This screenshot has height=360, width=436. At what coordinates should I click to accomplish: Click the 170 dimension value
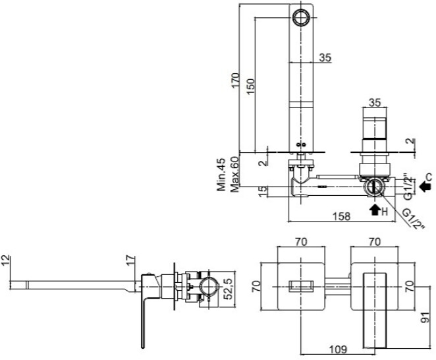pyautogui.click(x=235, y=80)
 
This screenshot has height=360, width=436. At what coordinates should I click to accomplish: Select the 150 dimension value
pyautogui.click(x=250, y=86)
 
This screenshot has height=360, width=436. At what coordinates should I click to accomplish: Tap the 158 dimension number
pyautogui.click(x=341, y=216)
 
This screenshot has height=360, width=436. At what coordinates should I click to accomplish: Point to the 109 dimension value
pyautogui.click(x=338, y=349)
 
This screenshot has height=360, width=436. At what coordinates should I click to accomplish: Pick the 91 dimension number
pyautogui.click(x=425, y=317)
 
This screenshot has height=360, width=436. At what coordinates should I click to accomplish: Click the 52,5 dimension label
pyautogui.click(x=229, y=289)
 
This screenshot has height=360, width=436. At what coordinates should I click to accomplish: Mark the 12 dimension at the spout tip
pyautogui.click(x=5, y=260)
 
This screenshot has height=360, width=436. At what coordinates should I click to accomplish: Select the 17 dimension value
pyautogui.click(x=130, y=260)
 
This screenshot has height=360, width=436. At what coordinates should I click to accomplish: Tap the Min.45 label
pyautogui.click(x=221, y=175)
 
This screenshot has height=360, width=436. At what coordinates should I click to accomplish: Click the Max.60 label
pyautogui.click(x=234, y=175)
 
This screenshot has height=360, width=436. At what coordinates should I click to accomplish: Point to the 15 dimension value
pyautogui.click(x=263, y=192)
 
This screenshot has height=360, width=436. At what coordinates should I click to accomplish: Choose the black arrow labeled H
pyautogui.click(x=375, y=210)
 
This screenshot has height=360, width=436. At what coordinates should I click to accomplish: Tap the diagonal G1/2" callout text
pyautogui.click(x=414, y=219)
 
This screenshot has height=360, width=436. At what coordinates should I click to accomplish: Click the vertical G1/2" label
pyautogui.click(x=408, y=187)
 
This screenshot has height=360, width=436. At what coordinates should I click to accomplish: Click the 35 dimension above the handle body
pyautogui.click(x=375, y=103)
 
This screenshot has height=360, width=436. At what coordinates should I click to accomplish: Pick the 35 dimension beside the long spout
pyautogui.click(x=325, y=57)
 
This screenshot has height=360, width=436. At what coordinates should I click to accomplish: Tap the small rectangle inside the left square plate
pyautogui.click(x=301, y=287)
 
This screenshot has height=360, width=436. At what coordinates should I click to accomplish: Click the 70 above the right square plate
pyautogui.click(x=375, y=242)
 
